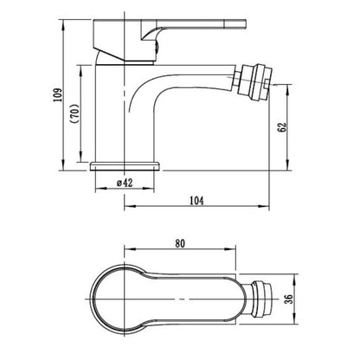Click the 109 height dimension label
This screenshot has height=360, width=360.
(58, 94)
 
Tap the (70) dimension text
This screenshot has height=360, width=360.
(74, 113)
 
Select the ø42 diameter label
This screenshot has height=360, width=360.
(125, 183)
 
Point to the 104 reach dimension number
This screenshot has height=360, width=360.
(196, 201)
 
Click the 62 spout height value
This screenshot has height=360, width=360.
(282, 127)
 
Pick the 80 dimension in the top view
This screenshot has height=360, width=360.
(180, 243)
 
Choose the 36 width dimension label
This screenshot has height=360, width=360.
(289, 299)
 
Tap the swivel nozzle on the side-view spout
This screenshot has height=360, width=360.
(254, 82)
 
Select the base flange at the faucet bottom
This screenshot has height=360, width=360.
(125, 166)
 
